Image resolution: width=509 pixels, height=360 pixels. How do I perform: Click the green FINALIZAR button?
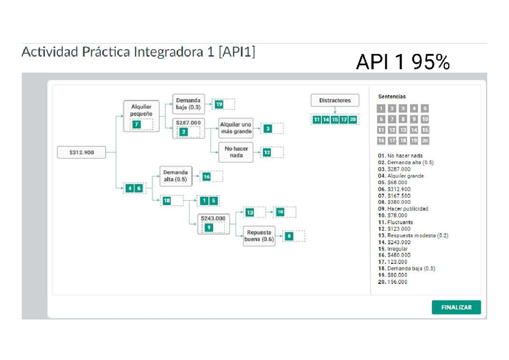click(456, 307)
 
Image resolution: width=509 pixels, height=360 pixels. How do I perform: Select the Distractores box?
click(335, 100)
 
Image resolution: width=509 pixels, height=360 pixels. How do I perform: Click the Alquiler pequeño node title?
click(141, 111)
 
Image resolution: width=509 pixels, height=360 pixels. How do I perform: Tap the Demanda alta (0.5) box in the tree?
click(176, 176)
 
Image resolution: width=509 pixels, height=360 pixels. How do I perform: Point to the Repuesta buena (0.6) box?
click(259, 236)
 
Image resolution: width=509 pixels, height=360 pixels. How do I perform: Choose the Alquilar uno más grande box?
click(235, 128)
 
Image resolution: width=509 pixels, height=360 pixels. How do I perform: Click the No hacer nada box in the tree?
click(236, 152)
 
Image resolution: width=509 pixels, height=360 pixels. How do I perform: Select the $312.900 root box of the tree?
click(81, 153)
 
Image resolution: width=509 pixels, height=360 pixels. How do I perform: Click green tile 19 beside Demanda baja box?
click(219, 104)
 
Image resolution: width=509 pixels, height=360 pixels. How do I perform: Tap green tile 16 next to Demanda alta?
click(206, 177)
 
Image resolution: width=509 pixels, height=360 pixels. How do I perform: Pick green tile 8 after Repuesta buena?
click(289, 237)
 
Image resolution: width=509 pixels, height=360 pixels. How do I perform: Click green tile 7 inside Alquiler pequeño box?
click(136, 124)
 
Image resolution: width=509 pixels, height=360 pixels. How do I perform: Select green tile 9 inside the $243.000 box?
click(208, 228)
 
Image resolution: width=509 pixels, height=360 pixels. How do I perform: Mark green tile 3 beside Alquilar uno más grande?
click(268, 128)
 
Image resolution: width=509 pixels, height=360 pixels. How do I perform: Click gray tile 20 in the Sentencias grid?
click(425, 141)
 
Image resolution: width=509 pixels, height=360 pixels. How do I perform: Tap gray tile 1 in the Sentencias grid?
click(381, 108)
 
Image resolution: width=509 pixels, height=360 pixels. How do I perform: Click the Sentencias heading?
click(392, 97)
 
